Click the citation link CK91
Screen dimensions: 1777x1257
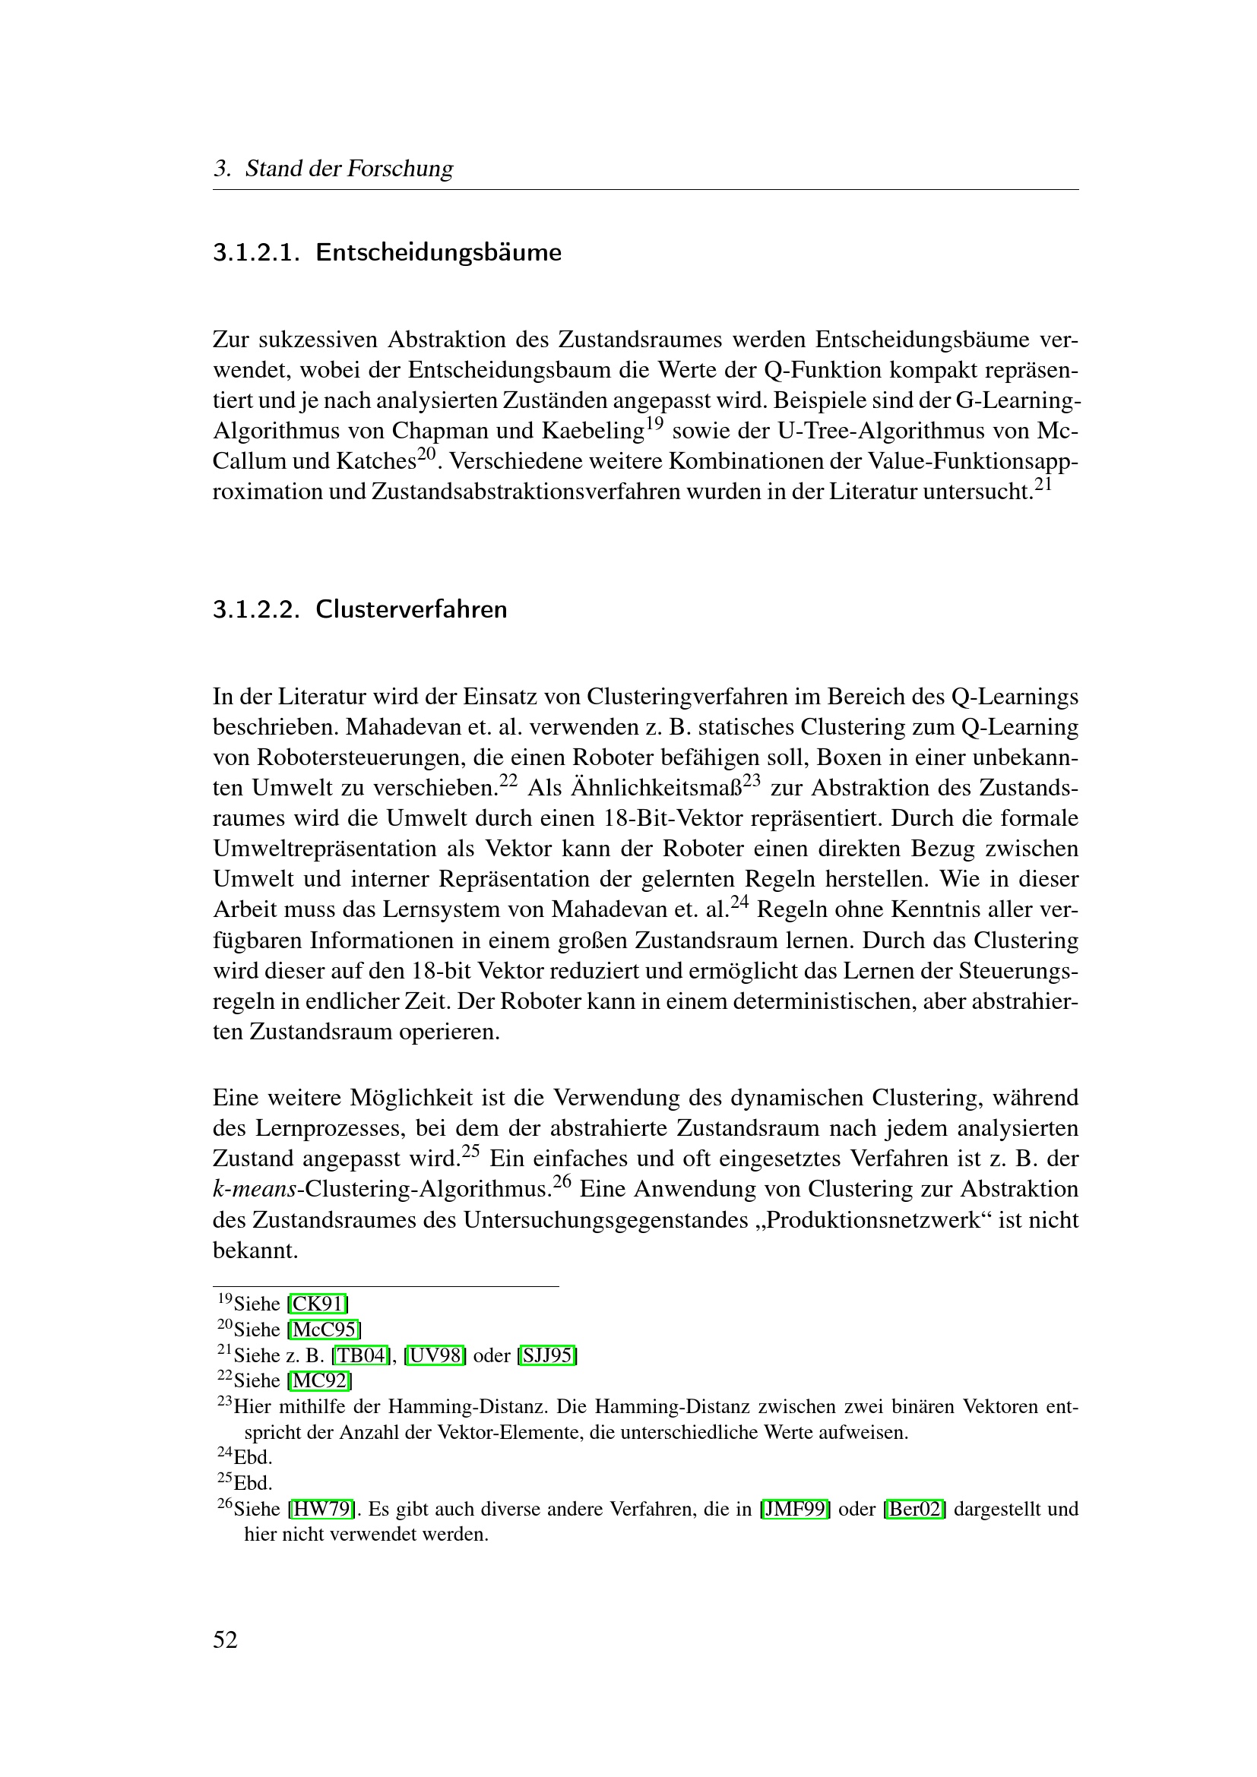tap(318, 1304)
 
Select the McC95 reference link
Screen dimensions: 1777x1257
tap(324, 1330)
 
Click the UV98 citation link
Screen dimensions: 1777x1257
tap(435, 1355)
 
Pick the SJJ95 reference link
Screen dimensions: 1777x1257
tap(547, 1355)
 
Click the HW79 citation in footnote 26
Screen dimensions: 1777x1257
tap(322, 1510)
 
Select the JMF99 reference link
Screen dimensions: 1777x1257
tap(796, 1510)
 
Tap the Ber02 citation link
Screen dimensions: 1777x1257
tap(914, 1510)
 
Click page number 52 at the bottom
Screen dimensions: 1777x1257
tap(225, 1640)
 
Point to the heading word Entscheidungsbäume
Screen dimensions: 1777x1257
tap(438, 253)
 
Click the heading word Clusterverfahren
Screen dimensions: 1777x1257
tap(411, 610)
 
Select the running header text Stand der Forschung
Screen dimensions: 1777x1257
tap(348, 169)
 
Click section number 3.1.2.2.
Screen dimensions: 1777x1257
tap(255, 610)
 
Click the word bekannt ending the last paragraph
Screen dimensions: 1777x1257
tap(255, 1251)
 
